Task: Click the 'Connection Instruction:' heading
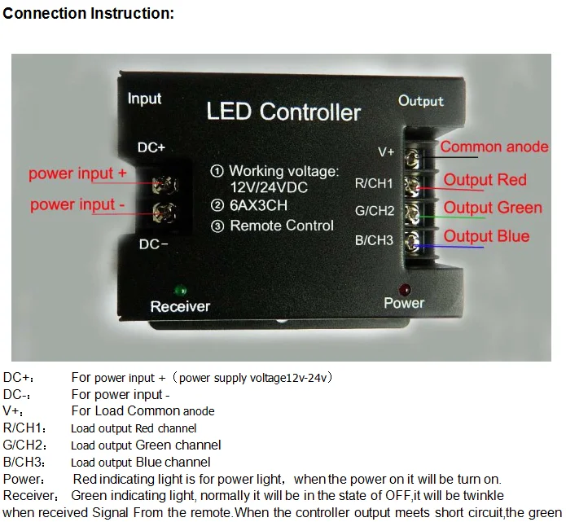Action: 89,14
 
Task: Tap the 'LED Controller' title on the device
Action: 283,112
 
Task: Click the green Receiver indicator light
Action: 180,290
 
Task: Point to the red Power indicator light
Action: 405,289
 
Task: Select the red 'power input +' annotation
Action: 77,173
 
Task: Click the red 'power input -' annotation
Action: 77,204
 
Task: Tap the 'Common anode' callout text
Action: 494,147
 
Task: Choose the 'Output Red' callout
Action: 485,180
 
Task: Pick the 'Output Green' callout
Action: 492,208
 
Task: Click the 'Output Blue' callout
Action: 486,236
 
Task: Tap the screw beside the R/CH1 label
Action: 413,184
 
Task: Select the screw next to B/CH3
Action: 413,240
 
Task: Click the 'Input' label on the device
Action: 144,99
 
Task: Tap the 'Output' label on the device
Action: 420,101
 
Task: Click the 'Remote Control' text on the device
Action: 281,226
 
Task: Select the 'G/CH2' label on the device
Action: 375,212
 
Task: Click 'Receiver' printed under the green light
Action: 180,307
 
